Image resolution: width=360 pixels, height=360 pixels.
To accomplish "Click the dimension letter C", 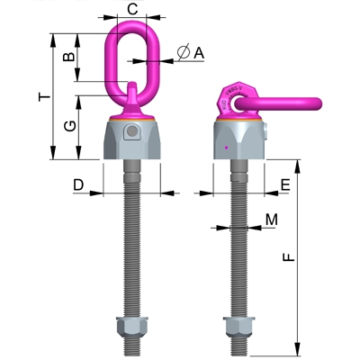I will tap(132, 9).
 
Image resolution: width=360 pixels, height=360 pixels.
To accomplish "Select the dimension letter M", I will tap(271, 219).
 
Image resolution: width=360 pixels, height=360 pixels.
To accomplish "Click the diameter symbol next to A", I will tap(183, 53).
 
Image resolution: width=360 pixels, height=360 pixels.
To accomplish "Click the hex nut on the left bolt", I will tap(132, 326).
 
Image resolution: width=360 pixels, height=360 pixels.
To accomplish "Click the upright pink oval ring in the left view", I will tap(132, 56).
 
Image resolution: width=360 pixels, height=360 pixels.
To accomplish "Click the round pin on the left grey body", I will tap(132, 133).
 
